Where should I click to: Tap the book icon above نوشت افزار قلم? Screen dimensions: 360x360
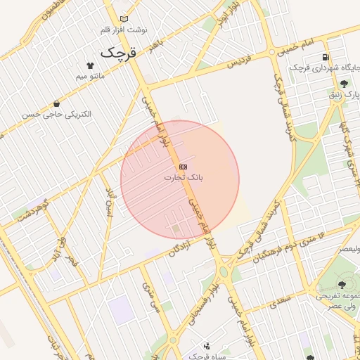point(124,19)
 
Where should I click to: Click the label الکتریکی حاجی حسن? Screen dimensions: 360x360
point(56,114)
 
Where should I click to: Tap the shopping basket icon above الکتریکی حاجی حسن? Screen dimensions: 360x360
point(56,104)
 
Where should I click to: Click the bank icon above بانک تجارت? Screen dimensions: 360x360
point(184,167)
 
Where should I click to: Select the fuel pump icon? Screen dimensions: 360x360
point(324,57)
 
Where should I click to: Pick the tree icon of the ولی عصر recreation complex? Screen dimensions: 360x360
point(342,285)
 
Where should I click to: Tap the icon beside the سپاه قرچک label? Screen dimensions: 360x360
point(206,346)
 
